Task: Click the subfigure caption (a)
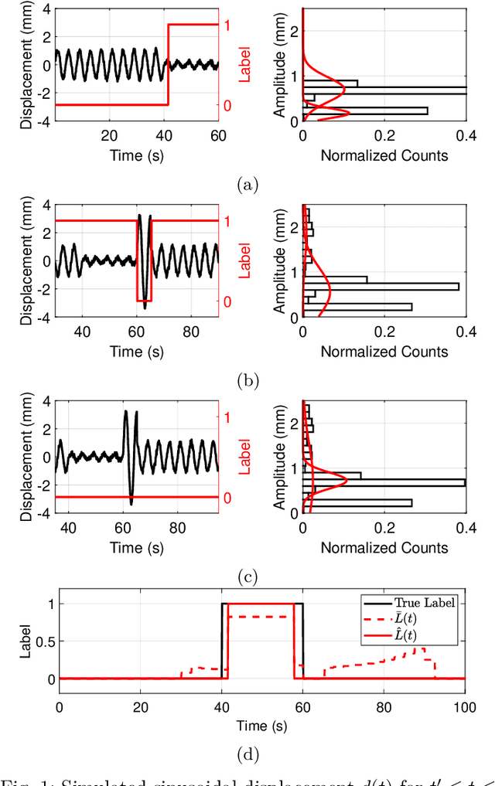click(x=247, y=185)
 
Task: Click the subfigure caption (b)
click(x=247, y=380)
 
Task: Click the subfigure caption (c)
click(x=247, y=576)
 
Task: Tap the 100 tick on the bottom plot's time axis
click(x=464, y=706)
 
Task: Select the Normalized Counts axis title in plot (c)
click(x=384, y=547)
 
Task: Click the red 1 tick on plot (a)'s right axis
click(x=227, y=24)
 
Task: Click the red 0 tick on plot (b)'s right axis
click(x=227, y=301)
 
